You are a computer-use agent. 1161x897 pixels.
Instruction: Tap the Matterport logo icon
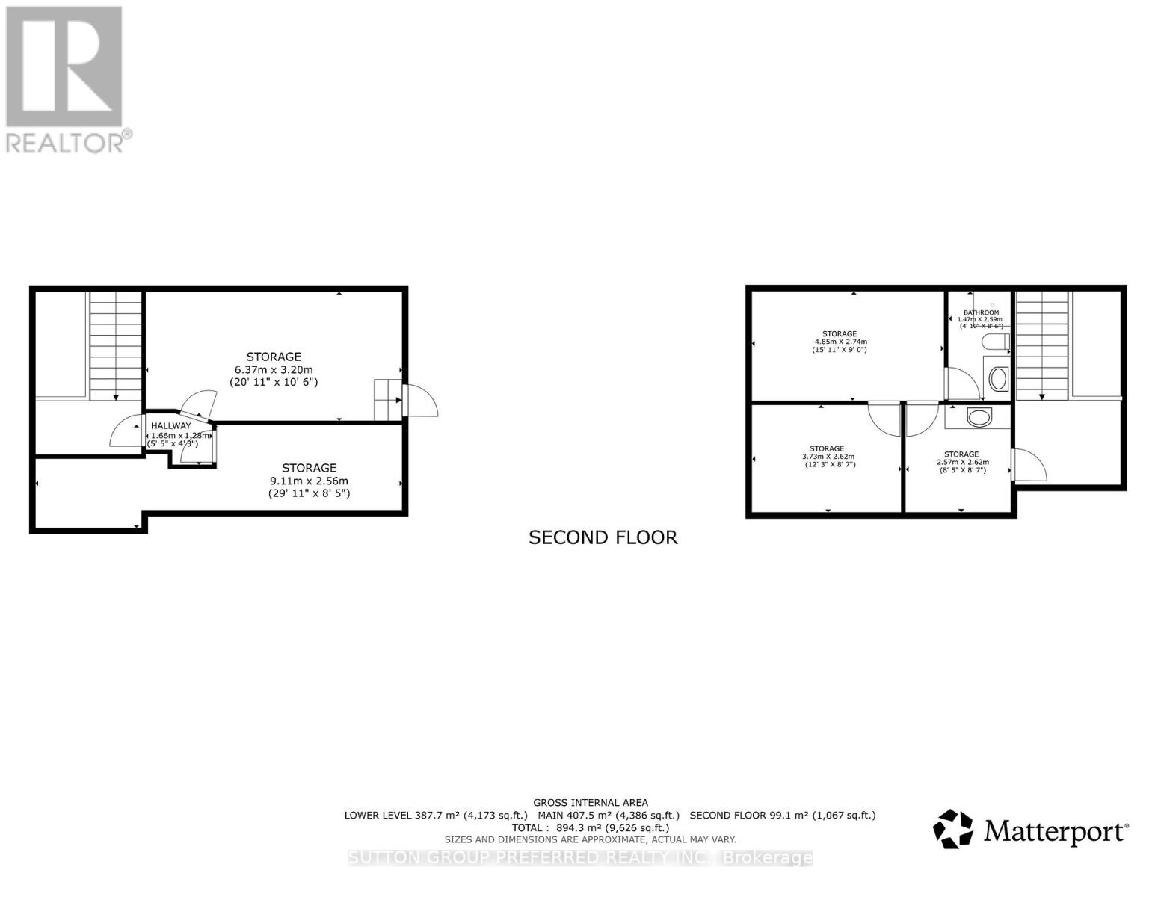point(953,829)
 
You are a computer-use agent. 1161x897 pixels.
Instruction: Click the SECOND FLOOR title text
point(603,537)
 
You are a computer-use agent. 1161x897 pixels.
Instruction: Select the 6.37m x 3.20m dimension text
point(274,369)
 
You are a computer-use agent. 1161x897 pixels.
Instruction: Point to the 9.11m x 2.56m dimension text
point(309,481)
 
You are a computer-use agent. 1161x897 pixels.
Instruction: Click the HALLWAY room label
point(171,425)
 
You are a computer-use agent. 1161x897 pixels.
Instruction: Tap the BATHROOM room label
point(981,312)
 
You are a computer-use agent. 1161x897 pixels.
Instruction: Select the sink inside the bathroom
point(997,379)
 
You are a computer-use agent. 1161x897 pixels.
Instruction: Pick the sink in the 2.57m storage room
point(979,416)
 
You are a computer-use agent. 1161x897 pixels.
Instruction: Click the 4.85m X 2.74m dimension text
point(840,342)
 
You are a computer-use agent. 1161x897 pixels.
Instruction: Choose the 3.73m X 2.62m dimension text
point(827,457)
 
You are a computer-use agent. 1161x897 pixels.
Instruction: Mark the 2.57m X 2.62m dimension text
point(962,462)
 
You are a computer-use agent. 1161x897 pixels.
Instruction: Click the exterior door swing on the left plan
point(421,401)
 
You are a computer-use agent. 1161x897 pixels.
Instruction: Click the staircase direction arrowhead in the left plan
point(116,397)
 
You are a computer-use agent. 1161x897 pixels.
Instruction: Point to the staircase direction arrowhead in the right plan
point(1041,397)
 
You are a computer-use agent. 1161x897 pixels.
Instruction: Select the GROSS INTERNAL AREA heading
point(591,802)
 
